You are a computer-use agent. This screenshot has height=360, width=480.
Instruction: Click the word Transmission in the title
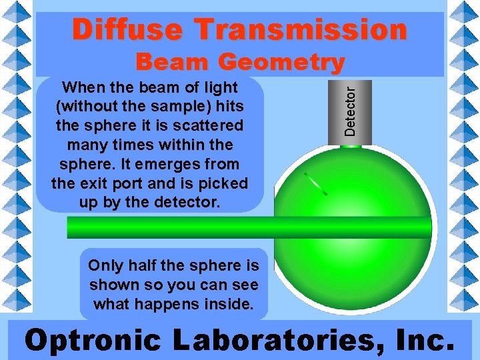tap(301, 30)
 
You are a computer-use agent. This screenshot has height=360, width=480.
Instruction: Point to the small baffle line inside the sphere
tap(315, 184)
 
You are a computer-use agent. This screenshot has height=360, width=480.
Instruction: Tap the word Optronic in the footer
tap(93, 340)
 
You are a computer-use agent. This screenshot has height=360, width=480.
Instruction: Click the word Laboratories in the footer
tap(267, 340)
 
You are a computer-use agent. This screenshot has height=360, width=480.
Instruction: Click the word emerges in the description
tap(186, 164)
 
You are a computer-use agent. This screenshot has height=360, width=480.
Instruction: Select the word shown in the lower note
tap(111, 285)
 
